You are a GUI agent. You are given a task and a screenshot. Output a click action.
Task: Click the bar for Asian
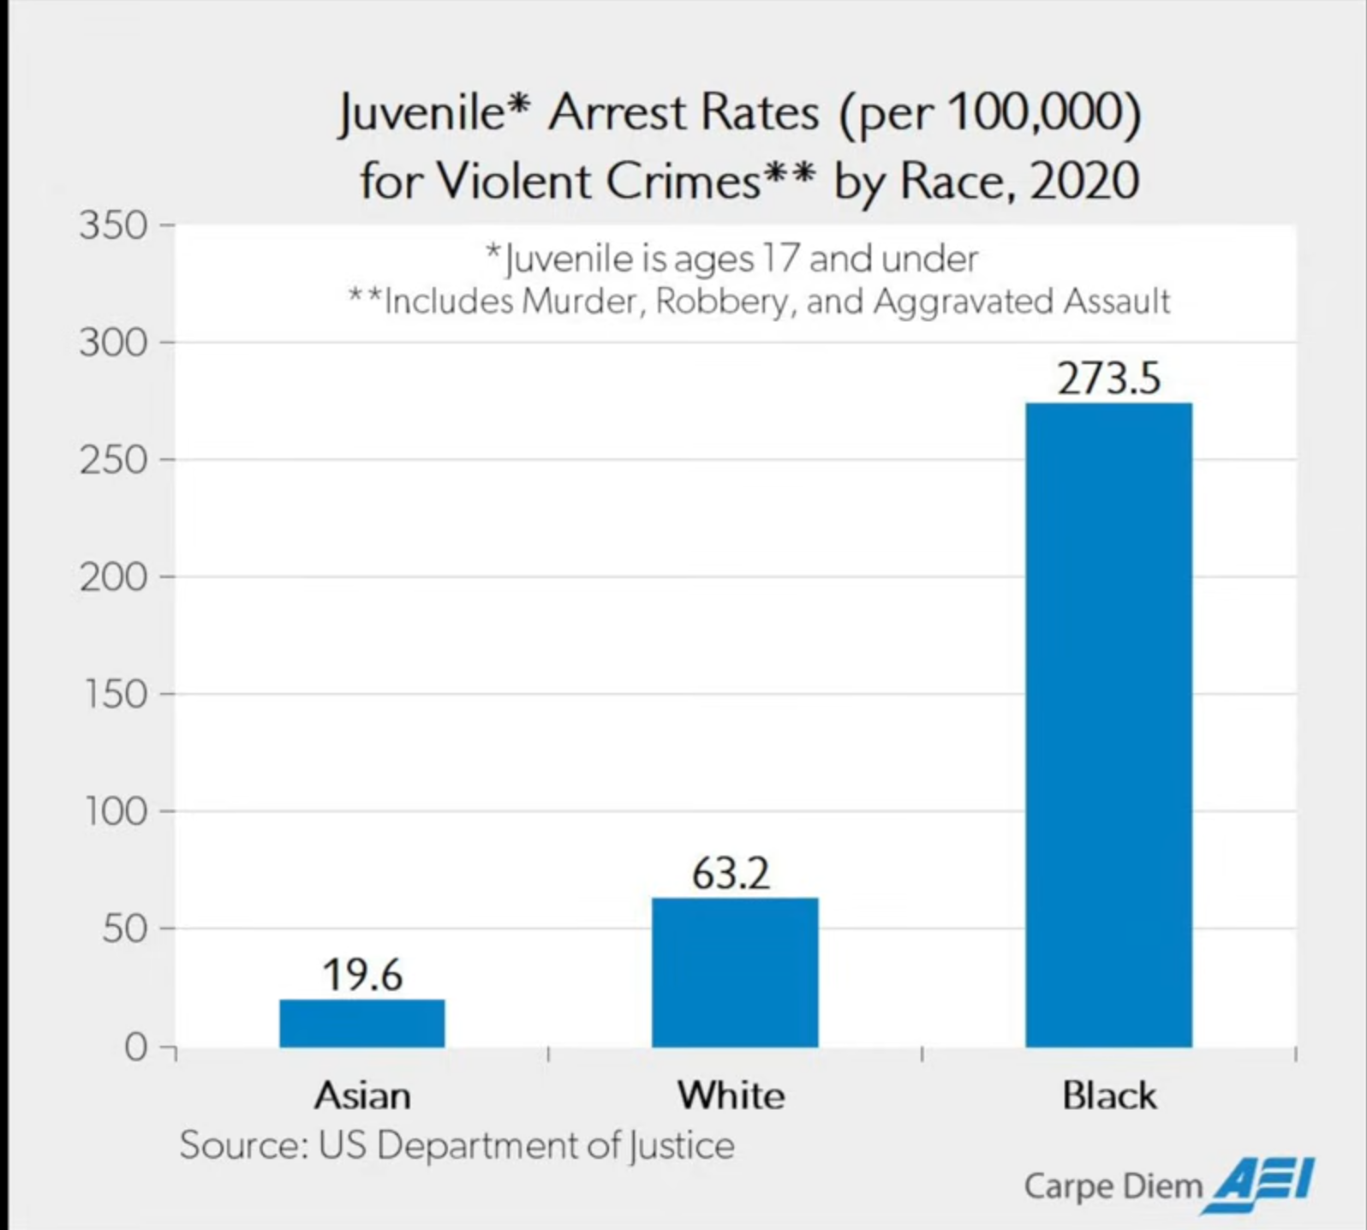tap(362, 1023)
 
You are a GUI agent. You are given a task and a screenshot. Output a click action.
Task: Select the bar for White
tap(735, 972)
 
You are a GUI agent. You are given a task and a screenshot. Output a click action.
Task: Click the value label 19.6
tap(362, 975)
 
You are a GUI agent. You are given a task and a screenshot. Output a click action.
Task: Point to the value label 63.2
tap(731, 874)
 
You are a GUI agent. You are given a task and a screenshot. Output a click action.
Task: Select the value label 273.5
tap(1108, 379)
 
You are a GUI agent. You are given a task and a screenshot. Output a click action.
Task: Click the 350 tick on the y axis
tap(113, 226)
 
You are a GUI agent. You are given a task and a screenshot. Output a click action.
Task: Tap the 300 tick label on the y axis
tap(113, 343)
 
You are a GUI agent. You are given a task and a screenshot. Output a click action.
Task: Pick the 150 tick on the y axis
tap(115, 695)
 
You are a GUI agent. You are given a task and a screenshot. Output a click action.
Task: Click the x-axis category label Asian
tap(362, 1096)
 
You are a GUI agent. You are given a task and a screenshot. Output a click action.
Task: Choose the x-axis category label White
tap(731, 1096)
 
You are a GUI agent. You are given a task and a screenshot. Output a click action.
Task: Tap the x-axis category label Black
tap(1109, 1096)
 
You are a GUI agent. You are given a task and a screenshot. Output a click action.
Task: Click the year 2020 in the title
tap(1084, 181)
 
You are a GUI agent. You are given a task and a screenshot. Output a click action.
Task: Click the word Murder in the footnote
tap(582, 302)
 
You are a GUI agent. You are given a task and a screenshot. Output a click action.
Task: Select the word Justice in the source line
tap(682, 1146)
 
